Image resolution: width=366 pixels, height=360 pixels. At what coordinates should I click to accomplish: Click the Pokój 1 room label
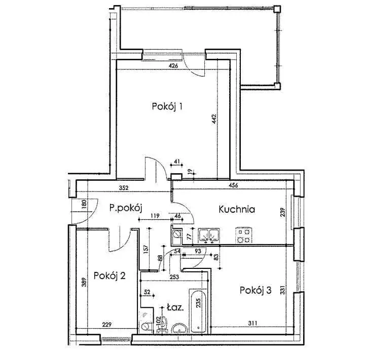167,106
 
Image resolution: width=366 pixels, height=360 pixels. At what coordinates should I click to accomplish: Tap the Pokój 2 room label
109,275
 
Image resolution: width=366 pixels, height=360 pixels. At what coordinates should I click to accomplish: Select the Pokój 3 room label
255,290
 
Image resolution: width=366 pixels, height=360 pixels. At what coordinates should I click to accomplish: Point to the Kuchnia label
237,209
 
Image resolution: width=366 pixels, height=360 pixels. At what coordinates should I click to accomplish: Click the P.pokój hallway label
126,208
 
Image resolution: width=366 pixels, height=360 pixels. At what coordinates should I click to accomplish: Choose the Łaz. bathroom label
175,307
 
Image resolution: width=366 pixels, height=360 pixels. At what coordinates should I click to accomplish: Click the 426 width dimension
173,66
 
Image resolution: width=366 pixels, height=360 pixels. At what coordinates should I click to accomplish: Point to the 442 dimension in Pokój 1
214,119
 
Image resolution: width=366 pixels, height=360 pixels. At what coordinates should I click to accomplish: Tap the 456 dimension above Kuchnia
233,185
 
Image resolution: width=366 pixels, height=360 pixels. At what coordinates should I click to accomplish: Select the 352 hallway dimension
124,188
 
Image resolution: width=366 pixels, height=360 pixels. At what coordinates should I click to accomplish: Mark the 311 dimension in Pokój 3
252,323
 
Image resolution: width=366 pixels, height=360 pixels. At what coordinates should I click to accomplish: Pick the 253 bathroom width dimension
174,277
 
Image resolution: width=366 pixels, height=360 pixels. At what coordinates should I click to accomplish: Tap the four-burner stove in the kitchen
244,235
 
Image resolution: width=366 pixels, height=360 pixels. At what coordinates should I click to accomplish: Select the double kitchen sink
208,235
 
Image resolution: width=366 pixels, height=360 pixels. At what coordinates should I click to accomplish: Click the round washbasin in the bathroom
179,329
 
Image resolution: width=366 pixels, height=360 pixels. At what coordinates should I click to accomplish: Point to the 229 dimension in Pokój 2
106,325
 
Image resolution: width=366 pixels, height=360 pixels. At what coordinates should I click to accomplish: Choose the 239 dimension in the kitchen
283,212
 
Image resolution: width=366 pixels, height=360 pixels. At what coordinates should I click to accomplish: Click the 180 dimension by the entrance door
84,204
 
